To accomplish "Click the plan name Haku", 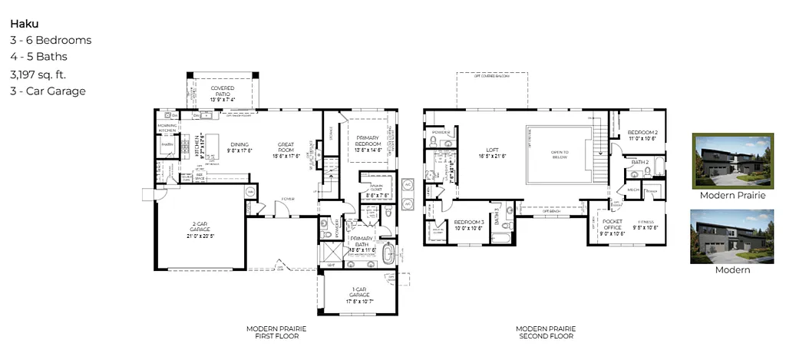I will coord(25,24).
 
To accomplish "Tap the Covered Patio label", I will coord(223,94).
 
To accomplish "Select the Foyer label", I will coord(288,198).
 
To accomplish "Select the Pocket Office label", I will coord(612,225).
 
